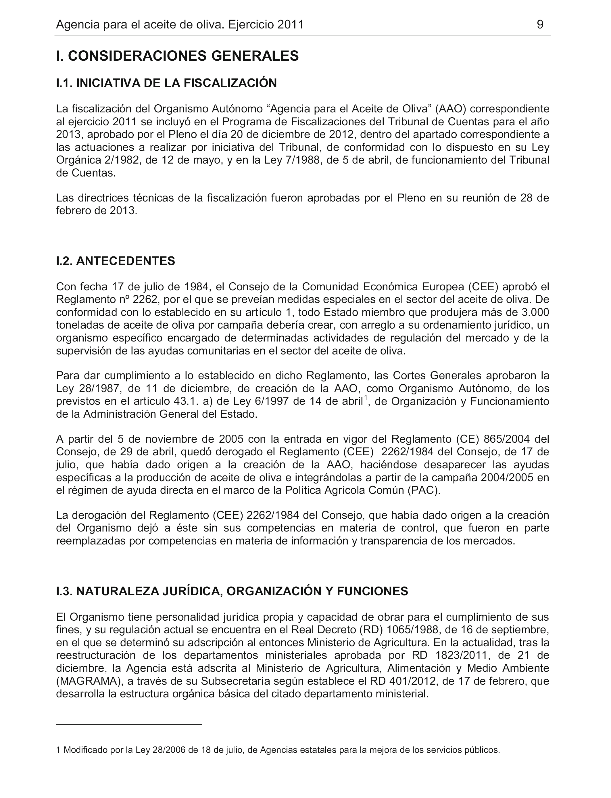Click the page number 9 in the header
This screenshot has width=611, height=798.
540,25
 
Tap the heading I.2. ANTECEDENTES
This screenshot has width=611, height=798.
115,261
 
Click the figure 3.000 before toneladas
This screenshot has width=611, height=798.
534,312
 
